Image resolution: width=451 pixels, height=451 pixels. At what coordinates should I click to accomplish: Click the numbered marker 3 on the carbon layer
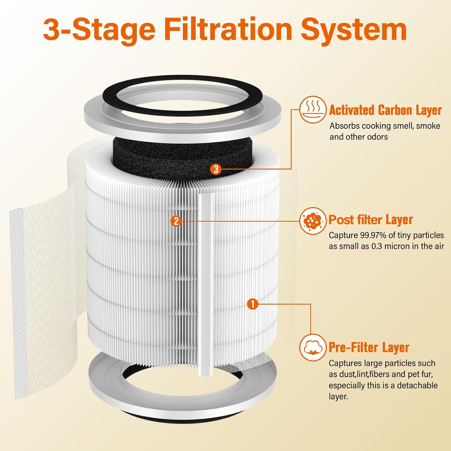tap(216, 169)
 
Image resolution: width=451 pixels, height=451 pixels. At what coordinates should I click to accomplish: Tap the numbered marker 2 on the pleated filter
tap(176, 221)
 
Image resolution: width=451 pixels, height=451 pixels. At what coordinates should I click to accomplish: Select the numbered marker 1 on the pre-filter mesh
tap(253, 304)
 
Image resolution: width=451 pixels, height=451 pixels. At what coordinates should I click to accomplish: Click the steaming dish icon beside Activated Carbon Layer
tap(313, 110)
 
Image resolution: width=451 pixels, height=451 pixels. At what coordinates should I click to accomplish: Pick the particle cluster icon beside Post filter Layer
tap(313, 221)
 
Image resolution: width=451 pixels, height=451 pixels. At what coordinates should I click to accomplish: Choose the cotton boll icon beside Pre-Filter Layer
tap(313, 348)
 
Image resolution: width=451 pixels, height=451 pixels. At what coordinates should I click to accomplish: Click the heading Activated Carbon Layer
tap(385, 110)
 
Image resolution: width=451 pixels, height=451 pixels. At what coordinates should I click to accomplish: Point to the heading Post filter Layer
tap(370, 219)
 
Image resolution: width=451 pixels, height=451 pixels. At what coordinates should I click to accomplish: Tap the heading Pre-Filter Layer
tap(369, 348)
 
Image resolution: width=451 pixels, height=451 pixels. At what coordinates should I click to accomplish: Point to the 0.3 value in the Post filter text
tap(377, 246)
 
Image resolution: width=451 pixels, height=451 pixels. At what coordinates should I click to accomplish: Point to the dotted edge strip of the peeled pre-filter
tap(17, 301)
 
